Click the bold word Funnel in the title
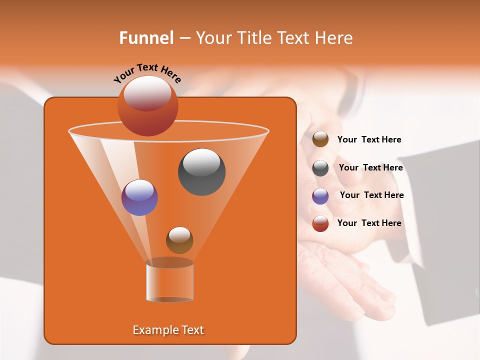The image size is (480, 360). (146, 38)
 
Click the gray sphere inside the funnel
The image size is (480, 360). (201, 172)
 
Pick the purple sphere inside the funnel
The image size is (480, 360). (139, 197)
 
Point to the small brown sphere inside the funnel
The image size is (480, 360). (179, 240)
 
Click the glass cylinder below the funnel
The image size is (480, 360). (169, 281)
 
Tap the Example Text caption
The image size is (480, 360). (168, 330)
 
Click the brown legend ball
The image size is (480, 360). (320, 139)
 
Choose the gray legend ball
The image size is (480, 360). (320, 168)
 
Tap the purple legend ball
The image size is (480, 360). (320, 196)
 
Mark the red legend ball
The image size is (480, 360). (320, 223)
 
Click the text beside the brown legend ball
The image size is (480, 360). (369, 140)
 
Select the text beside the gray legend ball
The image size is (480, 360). (370, 168)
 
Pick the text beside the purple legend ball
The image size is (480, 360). (371, 195)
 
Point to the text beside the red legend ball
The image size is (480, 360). (369, 223)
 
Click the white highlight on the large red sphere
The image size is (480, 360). (147, 92)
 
